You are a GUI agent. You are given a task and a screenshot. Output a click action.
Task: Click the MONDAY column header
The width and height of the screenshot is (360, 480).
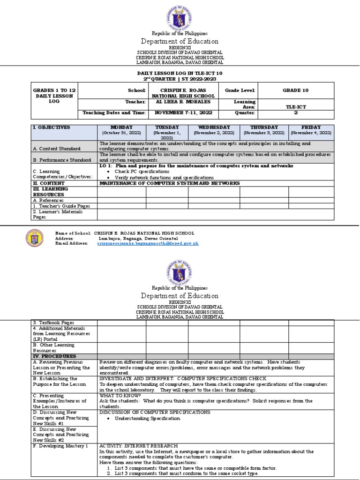point(121,127)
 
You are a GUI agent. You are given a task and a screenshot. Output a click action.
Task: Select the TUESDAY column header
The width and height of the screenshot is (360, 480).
point(167,127)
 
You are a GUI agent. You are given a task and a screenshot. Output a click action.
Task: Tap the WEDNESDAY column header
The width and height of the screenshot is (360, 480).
point(214,127)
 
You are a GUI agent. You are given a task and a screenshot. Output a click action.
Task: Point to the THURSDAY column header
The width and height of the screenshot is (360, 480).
point(264,127)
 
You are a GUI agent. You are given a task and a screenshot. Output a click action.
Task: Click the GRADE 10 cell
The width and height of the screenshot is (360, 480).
point(295,90)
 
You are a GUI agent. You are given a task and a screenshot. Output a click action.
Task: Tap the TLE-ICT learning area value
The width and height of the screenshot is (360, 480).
point(295,107)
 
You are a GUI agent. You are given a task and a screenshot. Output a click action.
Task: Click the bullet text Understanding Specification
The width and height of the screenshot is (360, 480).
point(141,418)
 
